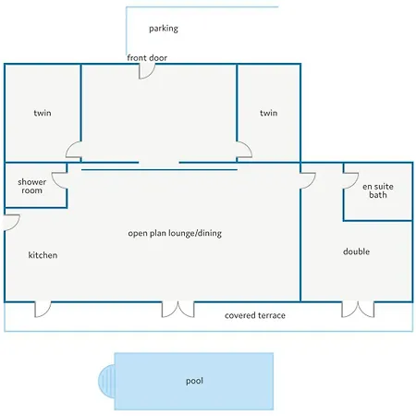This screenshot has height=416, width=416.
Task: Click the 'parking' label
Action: [x=164, y=29]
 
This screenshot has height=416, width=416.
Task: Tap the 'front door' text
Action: [x=147, y=57]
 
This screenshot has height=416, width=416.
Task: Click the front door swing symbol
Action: [x=146, y=71]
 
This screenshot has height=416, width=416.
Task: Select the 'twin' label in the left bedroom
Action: [x=43, y=113]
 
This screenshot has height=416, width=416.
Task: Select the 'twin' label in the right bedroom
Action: [x=268, y=113]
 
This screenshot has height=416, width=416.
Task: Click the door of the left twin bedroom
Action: [x=73, y=150]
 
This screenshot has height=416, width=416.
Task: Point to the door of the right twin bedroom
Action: [x=244, y=150]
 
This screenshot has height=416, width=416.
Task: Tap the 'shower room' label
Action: [x=32, y=186]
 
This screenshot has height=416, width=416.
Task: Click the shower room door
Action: [x=60, y=180]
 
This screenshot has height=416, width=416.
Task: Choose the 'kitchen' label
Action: [x=43, y=255]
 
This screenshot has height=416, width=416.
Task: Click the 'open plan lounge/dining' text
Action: [x=175, y=233]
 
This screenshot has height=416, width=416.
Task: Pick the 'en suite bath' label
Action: [x=378, y=190]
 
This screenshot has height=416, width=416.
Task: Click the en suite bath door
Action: [x=350, y=181]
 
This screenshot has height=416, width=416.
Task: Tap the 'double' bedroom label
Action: [x=356, y=251]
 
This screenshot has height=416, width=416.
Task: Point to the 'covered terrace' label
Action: [x=255, y=315]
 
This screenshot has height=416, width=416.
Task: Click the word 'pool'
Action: [x=194, y=381]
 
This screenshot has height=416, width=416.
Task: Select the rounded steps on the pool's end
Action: [x=106, y=381]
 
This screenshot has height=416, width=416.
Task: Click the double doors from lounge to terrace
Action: [x=178, y=310]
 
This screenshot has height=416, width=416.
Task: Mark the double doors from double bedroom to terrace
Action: [x=358, y=310]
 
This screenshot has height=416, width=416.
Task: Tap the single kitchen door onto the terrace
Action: [x=43, y=310]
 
